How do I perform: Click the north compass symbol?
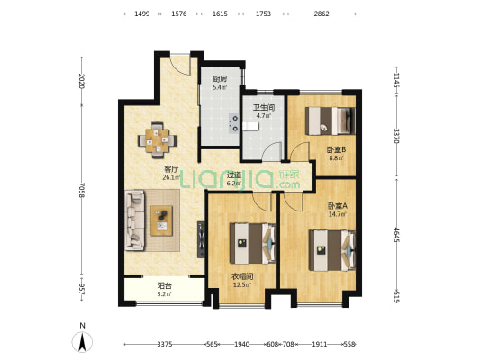click(x=82, y=342)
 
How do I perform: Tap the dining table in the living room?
click(x=157, y=140)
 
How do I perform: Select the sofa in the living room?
click(x=134, y=220)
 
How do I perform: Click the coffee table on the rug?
click(x=161, y=220)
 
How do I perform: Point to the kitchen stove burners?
click(x=234, y=123)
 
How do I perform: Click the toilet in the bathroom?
click(x=250, y=126)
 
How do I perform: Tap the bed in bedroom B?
click(x=331, y=121)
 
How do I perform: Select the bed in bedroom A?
click(x=332, y=250)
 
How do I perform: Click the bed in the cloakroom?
click(x=253, y=244)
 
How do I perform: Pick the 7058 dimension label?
click(x=81, y=190)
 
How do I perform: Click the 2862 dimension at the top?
click(x=322, y=13)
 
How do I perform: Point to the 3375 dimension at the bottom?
click(x=165, y=345)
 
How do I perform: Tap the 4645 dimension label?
click(x=397, y=235)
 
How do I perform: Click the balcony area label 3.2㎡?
click(x=164, y=294)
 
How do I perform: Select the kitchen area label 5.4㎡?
click(x=220, y=87)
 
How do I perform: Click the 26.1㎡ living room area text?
click(x=171, y=177)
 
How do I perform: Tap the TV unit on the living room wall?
click(x=201, y=239)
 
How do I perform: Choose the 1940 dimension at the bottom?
click(x=242, y=345)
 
